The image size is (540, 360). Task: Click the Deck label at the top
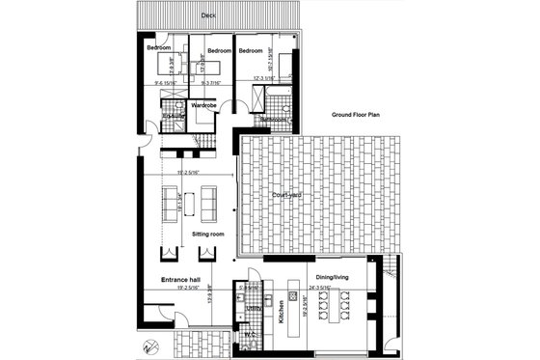[x=207, y=16]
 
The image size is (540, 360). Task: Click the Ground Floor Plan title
[x=356, y=114]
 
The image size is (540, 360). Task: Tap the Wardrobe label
[x=202, y=104]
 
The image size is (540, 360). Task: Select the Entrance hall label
[x=180, y=279]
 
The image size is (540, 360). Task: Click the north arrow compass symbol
[x=147, y=348]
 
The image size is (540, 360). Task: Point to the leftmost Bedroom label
[x=159, y=47]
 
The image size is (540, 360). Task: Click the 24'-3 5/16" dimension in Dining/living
[x=319, y=288]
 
